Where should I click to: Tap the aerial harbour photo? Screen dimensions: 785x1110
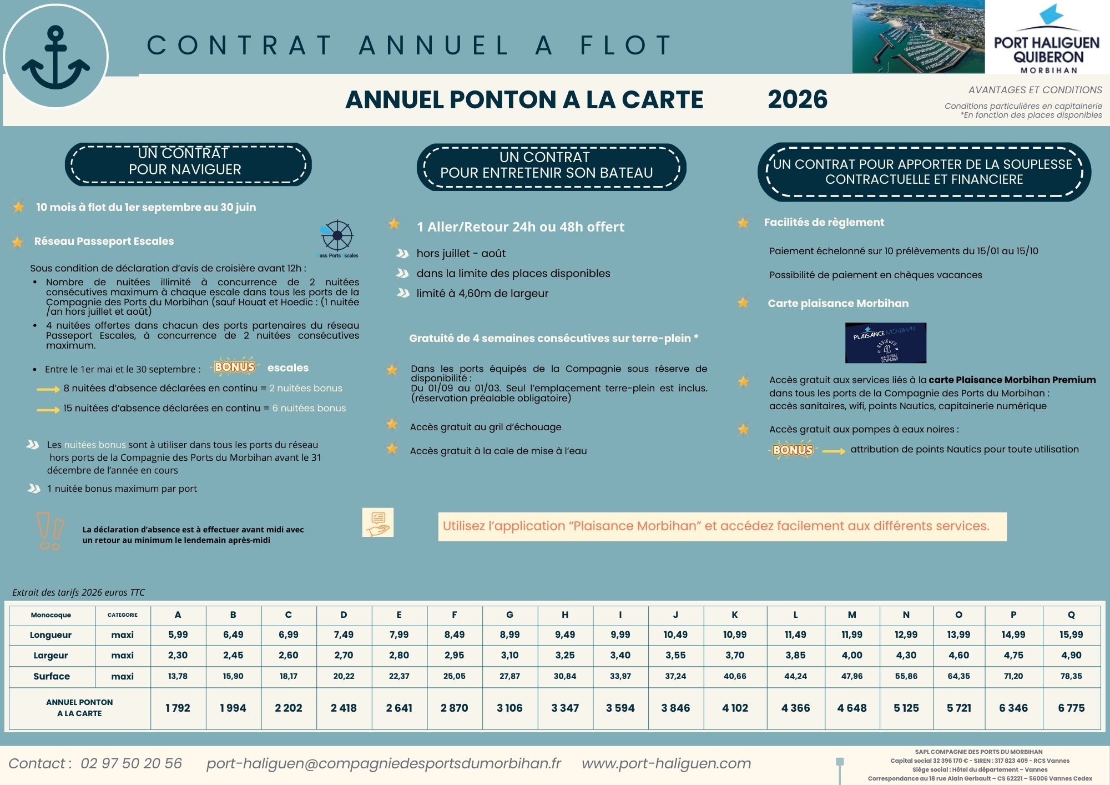[918, 37]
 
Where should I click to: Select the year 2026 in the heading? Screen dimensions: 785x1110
[798, 100]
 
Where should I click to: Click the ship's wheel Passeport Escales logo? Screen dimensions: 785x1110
[337, 237]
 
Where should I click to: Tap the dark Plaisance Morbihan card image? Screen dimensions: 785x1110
[885, 343]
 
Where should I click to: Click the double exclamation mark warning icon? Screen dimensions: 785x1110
[50, 531]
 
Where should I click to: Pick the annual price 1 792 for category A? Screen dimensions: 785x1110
[178, 708]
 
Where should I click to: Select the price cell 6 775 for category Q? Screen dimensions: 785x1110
[1071, 708]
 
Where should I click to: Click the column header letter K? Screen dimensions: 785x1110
[735, 615]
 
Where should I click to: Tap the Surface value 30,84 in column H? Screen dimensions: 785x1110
[565, 676]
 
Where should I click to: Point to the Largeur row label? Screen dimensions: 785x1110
[51, 655]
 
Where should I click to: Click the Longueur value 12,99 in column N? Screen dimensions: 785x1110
[906, 635]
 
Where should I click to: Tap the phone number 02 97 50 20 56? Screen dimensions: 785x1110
[131, 763]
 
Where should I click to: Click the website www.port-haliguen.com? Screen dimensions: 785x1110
[666, 763]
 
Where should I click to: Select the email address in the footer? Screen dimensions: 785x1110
[384, 763]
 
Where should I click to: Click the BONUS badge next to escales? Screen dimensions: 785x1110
[235, 367]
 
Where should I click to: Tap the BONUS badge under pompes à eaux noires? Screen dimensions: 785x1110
[793, 450]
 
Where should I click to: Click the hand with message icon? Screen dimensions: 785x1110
[378, 522]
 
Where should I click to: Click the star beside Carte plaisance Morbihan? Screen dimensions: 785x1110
[743, 303]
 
